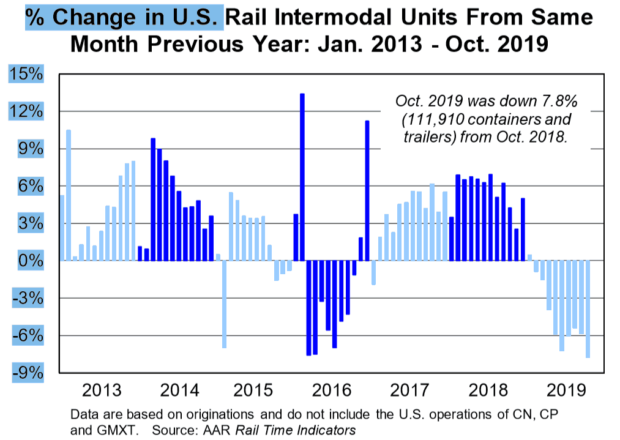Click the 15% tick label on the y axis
[26, 74]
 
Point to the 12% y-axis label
[26, 111]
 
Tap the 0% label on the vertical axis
[31, 261]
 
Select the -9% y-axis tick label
[28, 373]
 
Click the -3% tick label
[28, 297]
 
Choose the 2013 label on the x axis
[102, 390]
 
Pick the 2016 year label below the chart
[331, 390]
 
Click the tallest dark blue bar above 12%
[302, 177]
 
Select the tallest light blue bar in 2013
[69, 195]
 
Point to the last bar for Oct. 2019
[588, 309]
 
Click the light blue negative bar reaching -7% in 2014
[224, 304]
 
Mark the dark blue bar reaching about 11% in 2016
[367, 190]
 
